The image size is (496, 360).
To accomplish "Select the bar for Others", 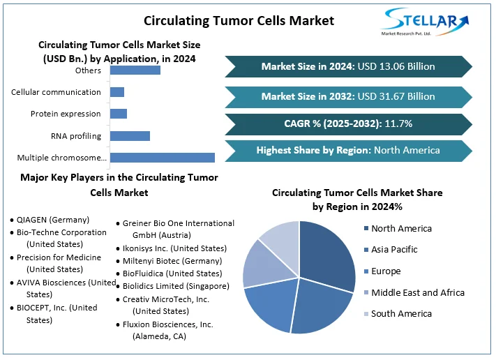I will click(135, 70).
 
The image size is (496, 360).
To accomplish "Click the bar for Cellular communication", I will click(117, 92).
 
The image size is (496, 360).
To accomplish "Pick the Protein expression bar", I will click(119, 114).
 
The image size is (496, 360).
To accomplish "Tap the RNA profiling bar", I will click(130, 135).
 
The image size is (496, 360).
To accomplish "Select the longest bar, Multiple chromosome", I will click(162, 158).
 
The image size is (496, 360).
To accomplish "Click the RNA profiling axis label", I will click(76, 136).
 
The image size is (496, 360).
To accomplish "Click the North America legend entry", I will click(401, 229).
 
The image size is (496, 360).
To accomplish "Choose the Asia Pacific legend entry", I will click(394, 250).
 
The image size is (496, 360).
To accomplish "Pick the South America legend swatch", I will click(365, 314).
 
